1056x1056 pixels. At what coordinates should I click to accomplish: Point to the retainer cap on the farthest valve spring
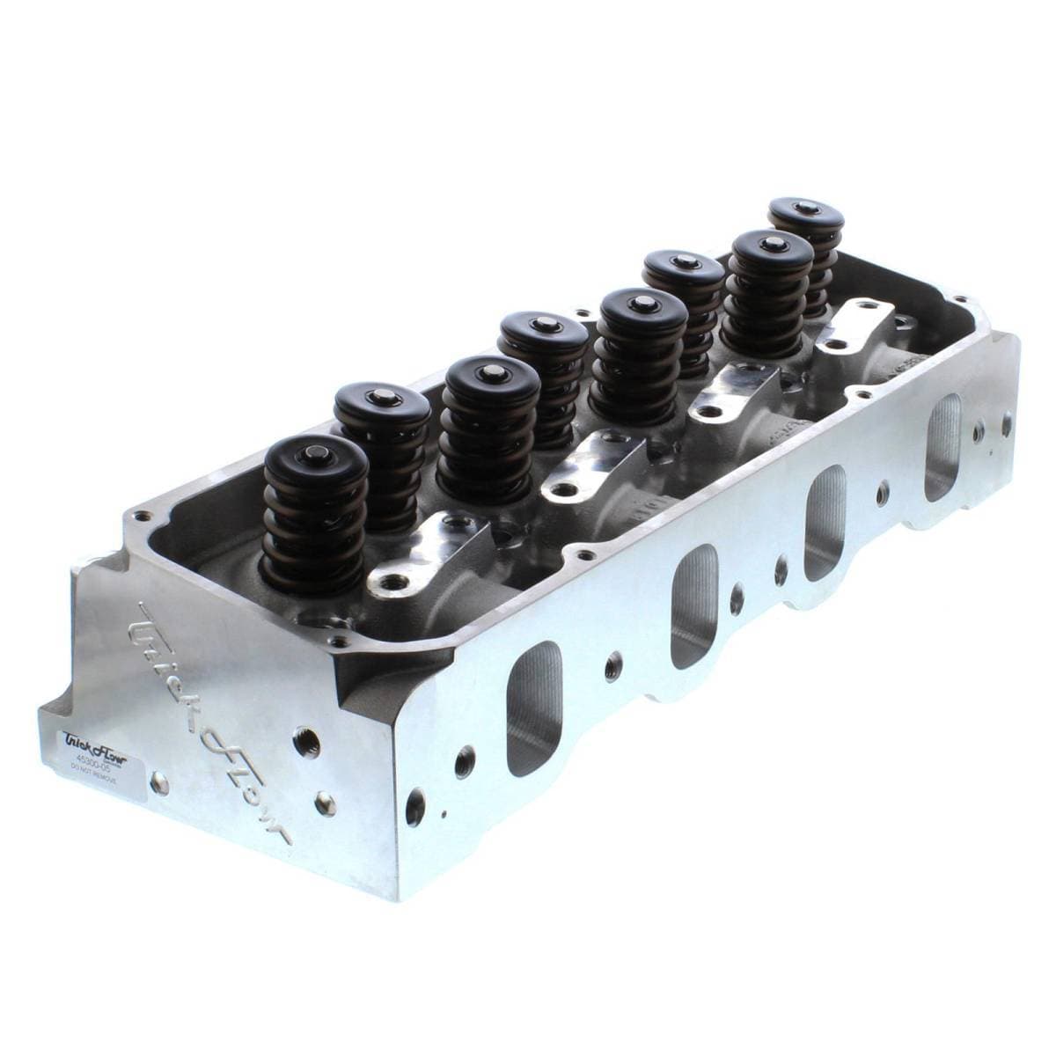click(x=804, y=211)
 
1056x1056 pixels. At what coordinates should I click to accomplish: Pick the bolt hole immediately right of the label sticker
click(x=159, y=780)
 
